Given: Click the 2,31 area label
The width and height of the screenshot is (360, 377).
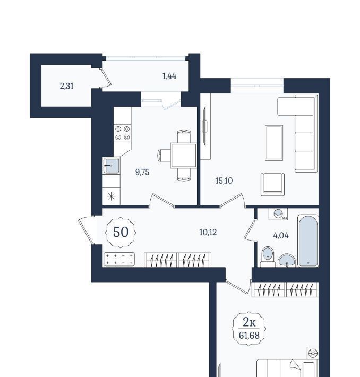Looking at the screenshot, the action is [66, 86].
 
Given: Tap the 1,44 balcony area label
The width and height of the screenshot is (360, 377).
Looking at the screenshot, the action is [169, 76].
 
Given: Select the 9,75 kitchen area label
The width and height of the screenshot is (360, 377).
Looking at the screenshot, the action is [142, 172].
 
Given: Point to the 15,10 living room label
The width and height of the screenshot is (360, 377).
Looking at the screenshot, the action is [224, 181].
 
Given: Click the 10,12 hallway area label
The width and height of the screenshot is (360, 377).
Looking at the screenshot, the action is [208, 232].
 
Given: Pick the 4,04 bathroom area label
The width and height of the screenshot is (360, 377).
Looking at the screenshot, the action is [281, 236].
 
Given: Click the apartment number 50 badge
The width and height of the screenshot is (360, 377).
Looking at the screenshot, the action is [121, 232].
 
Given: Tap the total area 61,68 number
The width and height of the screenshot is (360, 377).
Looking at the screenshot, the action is [249, 335].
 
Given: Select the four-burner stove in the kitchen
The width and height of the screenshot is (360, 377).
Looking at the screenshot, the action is [123, 133].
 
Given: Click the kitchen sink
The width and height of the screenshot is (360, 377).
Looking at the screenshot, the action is [112, 166].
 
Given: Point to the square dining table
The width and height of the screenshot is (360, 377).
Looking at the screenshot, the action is [184, 156].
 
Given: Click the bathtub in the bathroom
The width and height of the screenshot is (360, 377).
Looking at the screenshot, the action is [308, 241].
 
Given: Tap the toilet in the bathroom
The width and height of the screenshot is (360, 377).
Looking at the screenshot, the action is [268, 257].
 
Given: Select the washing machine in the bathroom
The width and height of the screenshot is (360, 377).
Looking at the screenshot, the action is [278, 214].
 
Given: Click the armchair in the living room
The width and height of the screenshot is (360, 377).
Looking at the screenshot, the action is [273, 184].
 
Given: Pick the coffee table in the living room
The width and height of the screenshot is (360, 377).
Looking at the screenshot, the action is [274, 143].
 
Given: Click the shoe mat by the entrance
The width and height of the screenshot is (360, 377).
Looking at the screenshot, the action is [119, 260].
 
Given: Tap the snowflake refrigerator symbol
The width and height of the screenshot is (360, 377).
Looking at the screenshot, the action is [112, 196].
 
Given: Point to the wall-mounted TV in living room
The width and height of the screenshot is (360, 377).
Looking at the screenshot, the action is [205, 126].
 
